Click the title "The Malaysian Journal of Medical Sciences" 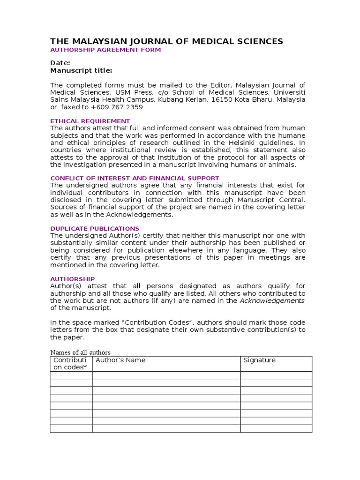[x=166, y=41]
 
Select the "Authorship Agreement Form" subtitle [x=105, y=50]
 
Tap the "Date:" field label [x=60, y=63]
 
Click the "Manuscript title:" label [x=81, y=70]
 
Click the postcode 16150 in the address [x=221, y=99]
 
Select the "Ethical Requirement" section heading [x=90, y=121]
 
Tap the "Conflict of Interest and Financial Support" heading [x=135, y=178]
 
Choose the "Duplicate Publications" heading [x=95, y=228]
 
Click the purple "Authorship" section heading [x=72, y=279]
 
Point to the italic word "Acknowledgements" [x=272, y=300]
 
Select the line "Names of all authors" [x=80, y=352]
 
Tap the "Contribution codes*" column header [x=71, y=363]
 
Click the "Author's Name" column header [x=120, y=360]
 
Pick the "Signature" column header [x=260, y=360]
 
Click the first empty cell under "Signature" [x=276, y=375]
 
